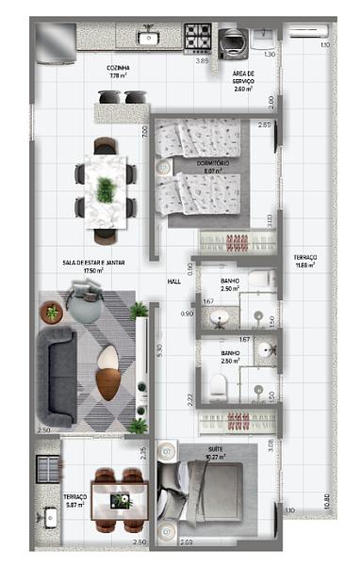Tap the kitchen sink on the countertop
[148, 38]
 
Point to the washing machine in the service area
[230, 42]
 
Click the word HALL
[173, 281]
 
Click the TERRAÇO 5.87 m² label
[75, 500]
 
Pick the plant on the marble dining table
[104, 188]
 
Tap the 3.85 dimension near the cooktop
[201, 60]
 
